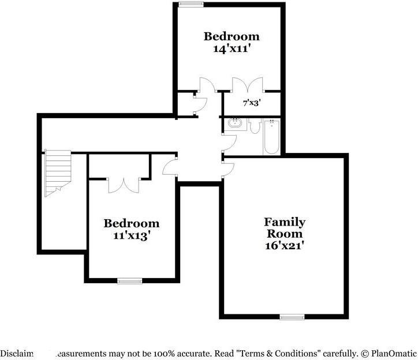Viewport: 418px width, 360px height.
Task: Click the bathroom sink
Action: (x=235, y=123)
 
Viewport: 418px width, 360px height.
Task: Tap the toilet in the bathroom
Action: (x=255, y=126)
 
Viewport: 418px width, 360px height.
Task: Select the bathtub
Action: (x=272, y=137)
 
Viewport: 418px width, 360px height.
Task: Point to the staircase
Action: (x=57, y=171)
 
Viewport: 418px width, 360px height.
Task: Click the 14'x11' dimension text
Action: (x=231, y=49)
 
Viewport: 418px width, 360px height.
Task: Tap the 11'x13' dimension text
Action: (x=131, y=235)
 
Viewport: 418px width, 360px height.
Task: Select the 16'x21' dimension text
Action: (x=285, y=245)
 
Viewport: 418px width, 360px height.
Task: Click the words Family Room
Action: (x=285, y=227)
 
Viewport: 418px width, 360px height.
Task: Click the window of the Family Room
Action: (x=292, y=316)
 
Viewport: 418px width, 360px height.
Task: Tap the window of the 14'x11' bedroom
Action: (x=188, y=5)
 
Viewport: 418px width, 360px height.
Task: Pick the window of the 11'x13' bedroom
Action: (x=129, y=281)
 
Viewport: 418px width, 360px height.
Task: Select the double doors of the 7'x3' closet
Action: (x=247, y=85)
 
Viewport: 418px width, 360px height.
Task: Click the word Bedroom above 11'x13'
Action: (x=131, y=223)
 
